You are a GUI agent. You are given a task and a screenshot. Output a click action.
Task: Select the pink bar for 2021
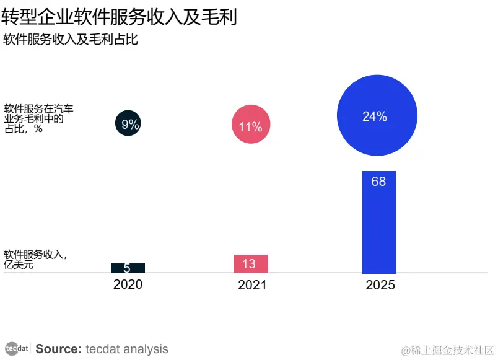point(251,264)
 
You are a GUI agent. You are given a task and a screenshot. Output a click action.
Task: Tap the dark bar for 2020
point(128,268)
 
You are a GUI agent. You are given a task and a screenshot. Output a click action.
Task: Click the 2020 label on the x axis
point(128,284)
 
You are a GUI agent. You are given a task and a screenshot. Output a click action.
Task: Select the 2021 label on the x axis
point(252,285)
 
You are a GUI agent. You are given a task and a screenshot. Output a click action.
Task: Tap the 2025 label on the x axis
point(380,285)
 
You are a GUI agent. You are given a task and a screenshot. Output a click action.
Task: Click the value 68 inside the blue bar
point(378,182)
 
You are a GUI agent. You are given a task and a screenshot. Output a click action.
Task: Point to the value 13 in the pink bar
point(248,264)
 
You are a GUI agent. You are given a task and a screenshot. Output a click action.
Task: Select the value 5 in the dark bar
point(127,269)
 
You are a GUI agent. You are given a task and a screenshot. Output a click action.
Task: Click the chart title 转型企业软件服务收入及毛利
point(120,17)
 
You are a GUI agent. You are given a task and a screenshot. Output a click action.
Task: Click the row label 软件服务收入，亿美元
point(35,260)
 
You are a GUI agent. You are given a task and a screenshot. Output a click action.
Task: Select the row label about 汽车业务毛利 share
point(38,119)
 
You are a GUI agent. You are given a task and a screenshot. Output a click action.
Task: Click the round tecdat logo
point(17,348)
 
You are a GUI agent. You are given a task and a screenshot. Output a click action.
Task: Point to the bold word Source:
point(58,349)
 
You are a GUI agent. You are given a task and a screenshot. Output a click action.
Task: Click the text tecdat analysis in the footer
point(127,349)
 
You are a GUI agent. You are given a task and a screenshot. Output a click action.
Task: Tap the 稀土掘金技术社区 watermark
point(447,350)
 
